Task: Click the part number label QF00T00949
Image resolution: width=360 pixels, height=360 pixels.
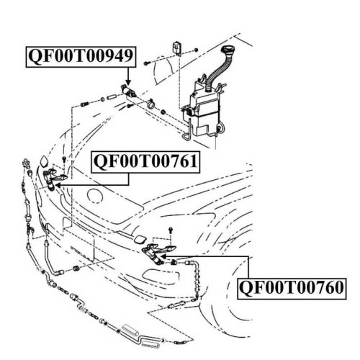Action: tap(81, 57)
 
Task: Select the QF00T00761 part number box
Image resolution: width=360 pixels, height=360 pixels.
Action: tap(145, 161)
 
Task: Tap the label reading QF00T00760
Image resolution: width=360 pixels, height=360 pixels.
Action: tap(292, 289)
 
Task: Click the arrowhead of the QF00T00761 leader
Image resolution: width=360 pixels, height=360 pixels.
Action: tap(58, 185)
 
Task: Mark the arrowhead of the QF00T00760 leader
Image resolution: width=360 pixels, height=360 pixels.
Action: tap(163, 256)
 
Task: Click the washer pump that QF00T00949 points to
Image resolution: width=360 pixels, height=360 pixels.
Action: tap(129, 91)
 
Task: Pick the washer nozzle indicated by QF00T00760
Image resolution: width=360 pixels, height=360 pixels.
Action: tap(158, 253)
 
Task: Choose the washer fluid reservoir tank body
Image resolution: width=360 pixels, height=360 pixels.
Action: tap(204, 110)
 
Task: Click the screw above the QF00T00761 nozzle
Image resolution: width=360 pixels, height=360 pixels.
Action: tap(64, 160)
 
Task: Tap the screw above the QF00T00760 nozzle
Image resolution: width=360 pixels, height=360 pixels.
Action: tap(171, 230)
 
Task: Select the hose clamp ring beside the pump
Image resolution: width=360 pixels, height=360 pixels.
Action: tap(150, 104)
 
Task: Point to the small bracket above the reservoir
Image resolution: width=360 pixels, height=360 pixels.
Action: tap(177, 48)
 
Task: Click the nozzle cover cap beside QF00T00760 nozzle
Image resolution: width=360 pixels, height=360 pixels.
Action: tap(140, 240)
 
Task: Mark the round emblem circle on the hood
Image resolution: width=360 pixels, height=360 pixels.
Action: tap(95, 196)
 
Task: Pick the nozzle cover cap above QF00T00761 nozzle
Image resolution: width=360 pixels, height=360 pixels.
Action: tap(44, 161)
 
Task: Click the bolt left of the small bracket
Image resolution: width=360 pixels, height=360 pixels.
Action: tap(146, 63)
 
